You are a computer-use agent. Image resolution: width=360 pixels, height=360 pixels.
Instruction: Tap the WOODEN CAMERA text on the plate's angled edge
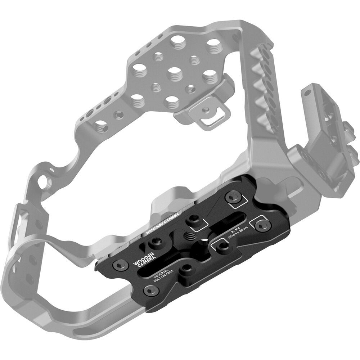[163, 224]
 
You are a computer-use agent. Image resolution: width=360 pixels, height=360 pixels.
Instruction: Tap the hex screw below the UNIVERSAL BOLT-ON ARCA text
[151, 291]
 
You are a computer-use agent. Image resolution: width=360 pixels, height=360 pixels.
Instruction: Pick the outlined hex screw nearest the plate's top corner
[233, 197]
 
